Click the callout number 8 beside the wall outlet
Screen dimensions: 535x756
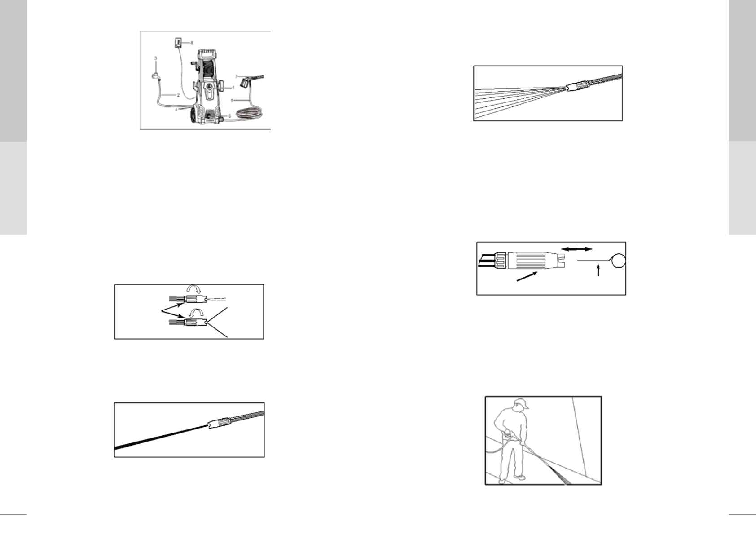pos(192,43)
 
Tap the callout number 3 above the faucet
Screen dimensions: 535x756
pos(156,58)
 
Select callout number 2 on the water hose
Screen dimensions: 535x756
pos(178,95)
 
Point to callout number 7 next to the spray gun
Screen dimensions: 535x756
pos(237,77)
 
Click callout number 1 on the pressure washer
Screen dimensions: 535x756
pos(233,87)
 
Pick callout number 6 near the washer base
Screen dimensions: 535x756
pos(230,116)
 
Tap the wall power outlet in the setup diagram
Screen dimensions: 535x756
pos(178,44)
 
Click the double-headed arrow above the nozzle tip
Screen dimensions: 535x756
pos(577,249)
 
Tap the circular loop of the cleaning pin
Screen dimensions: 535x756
pos(618,260)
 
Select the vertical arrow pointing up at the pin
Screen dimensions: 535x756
pos(598,270)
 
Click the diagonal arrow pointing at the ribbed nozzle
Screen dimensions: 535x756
pos(527,276)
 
